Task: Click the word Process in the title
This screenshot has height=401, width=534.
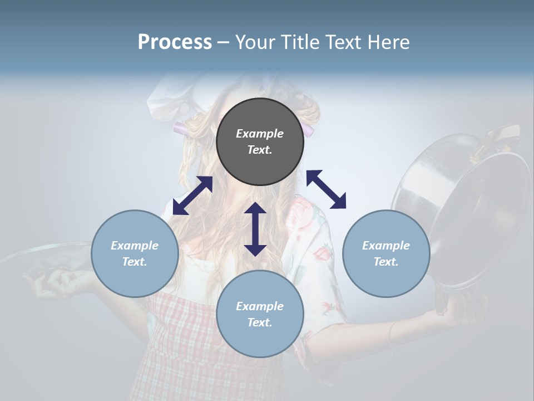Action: pyautogui.click(x=175, y=42)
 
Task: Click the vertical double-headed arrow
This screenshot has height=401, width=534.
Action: pyautogui.click(x=255, y=229)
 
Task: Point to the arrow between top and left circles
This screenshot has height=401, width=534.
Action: pyautogui.click(x=192, y=195)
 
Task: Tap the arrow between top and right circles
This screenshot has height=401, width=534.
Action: pyautogui.click(x=326, y=189)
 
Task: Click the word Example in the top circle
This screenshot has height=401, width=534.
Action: pyautogui.click(x=260, y=134)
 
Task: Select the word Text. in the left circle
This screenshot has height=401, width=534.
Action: pyautogui.click(x=135, y=262)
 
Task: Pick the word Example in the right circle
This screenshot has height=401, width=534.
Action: pyautogui.click(x=386, y=246)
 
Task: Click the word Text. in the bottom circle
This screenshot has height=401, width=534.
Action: pyautogui.click(x=260, y=322)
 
